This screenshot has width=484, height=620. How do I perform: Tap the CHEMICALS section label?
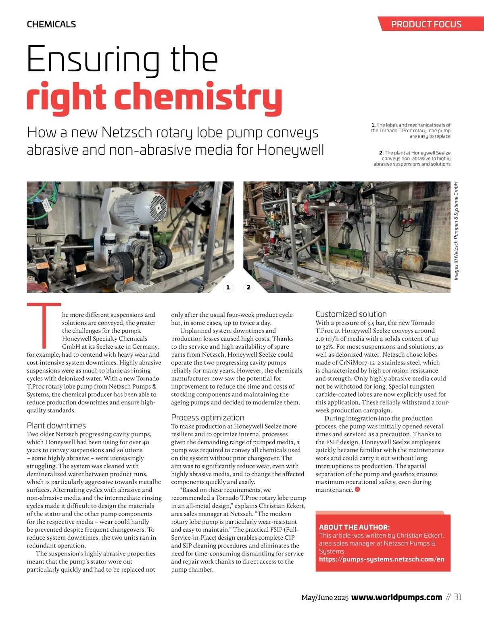51,24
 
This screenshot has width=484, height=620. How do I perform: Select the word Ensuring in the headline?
93,60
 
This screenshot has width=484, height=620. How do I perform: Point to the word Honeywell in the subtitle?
290,150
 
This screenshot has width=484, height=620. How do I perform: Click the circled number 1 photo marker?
228,287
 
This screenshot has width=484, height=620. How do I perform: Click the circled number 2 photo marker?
248,287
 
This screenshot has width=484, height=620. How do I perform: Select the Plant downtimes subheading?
56,426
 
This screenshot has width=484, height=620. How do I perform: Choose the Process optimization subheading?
208,418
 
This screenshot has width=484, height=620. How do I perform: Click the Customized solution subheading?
351,314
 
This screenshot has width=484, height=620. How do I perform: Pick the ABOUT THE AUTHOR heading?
354,527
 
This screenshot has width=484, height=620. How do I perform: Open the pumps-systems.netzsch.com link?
382,559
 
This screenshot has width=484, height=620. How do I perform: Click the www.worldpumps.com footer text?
396,597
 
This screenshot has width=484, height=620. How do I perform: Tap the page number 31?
457,597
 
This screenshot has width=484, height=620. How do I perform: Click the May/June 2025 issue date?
325,597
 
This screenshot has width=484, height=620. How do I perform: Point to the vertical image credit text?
456,231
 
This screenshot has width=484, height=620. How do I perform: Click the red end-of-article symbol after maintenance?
357,490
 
